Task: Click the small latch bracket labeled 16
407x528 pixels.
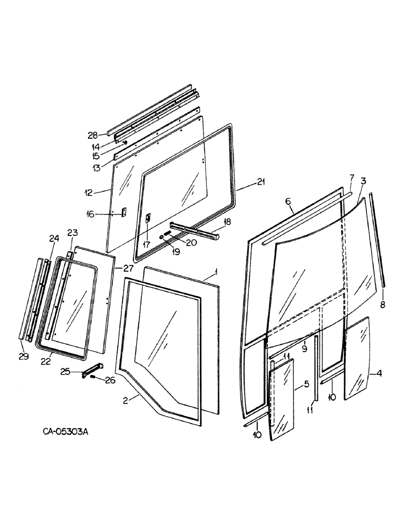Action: [x=124, y=212]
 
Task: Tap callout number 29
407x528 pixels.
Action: [x=23, y=357]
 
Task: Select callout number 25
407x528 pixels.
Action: [x=66, y=373]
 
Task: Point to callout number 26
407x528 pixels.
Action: [x=110, y=380]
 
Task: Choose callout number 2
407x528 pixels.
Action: [x=127, y=401]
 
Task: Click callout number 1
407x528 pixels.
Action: [x=215, y=273]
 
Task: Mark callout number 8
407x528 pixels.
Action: [x=383, y=305]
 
